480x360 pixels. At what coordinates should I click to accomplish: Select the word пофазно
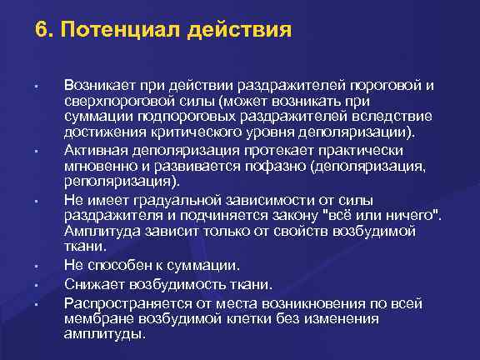pos(266,165)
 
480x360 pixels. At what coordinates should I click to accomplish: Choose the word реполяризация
pos(110,181)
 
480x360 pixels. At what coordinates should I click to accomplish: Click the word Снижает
pos(90,284)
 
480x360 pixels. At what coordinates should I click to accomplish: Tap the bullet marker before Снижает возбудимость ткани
pos(37,285)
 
